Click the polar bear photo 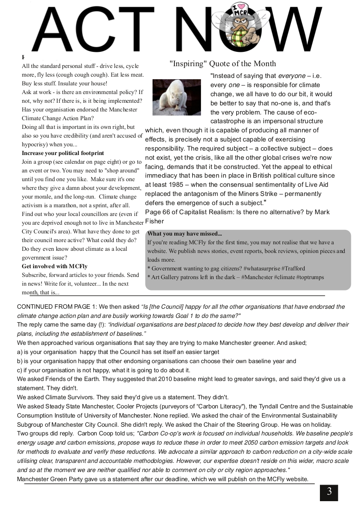[177, 97]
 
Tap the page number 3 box [329, 492]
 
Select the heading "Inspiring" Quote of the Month [223, 64]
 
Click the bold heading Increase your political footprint [63, 153]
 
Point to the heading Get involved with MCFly [54, 266]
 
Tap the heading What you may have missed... [184, 234]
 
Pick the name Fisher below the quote [155, 221]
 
